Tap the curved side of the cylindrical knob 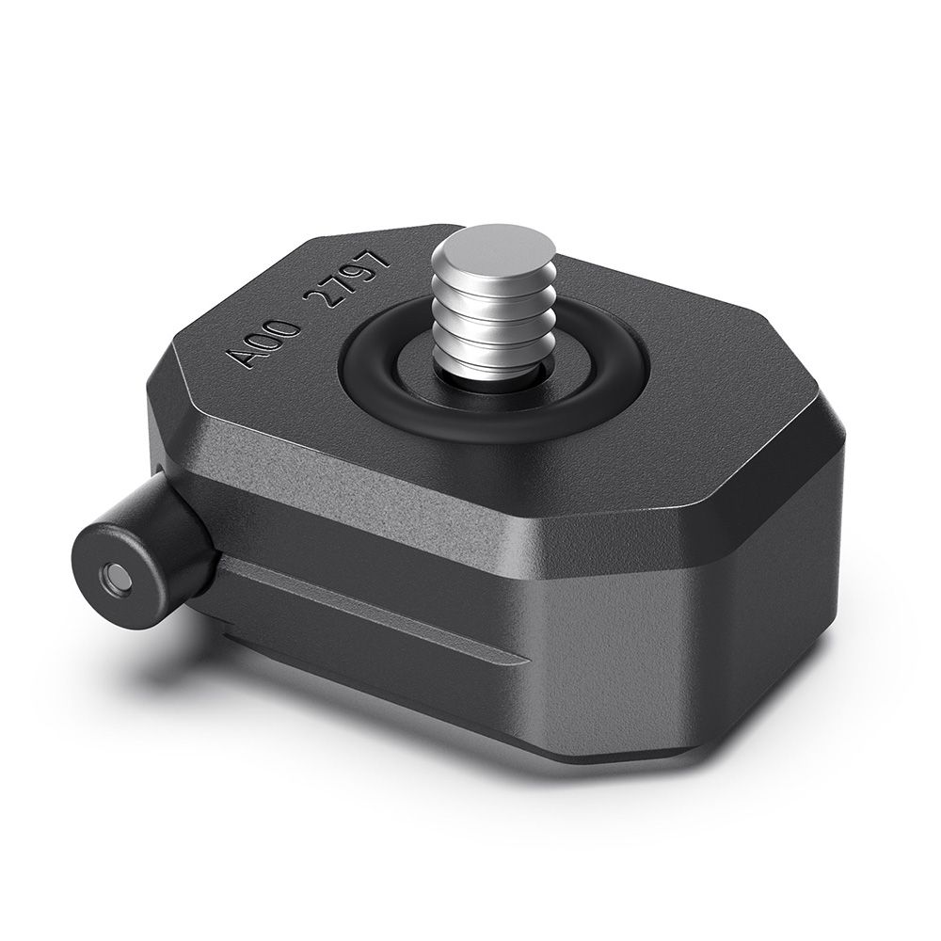pyautogui.click(x=165, y=527)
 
